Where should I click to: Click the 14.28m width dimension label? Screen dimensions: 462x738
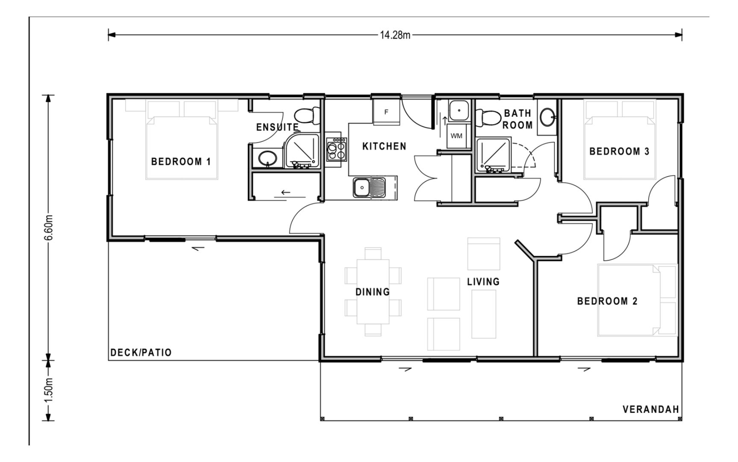tap(395, 35)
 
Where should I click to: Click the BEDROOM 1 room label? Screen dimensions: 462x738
tap(181, 162)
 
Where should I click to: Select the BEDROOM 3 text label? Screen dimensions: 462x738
tap(619, 151)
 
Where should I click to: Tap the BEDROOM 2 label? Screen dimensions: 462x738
tap(607, 301)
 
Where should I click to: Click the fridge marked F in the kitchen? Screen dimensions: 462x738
tap(386, 112)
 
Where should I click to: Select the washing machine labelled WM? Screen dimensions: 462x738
tap(456, 136)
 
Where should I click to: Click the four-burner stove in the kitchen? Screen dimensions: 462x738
tap(336, 148)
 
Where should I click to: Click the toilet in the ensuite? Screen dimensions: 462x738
tap(307, 115)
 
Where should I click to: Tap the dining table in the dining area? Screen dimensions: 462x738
tap(373, 292)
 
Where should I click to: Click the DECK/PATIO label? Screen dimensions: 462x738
tap(141, 353)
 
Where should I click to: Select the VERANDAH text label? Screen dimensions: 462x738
tap(650, 409)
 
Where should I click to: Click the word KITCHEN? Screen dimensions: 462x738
tap(384, 146)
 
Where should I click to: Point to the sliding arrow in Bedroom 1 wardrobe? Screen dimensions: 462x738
tap(285, 193)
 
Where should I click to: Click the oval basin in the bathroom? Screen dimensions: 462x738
tap(547, 115)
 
